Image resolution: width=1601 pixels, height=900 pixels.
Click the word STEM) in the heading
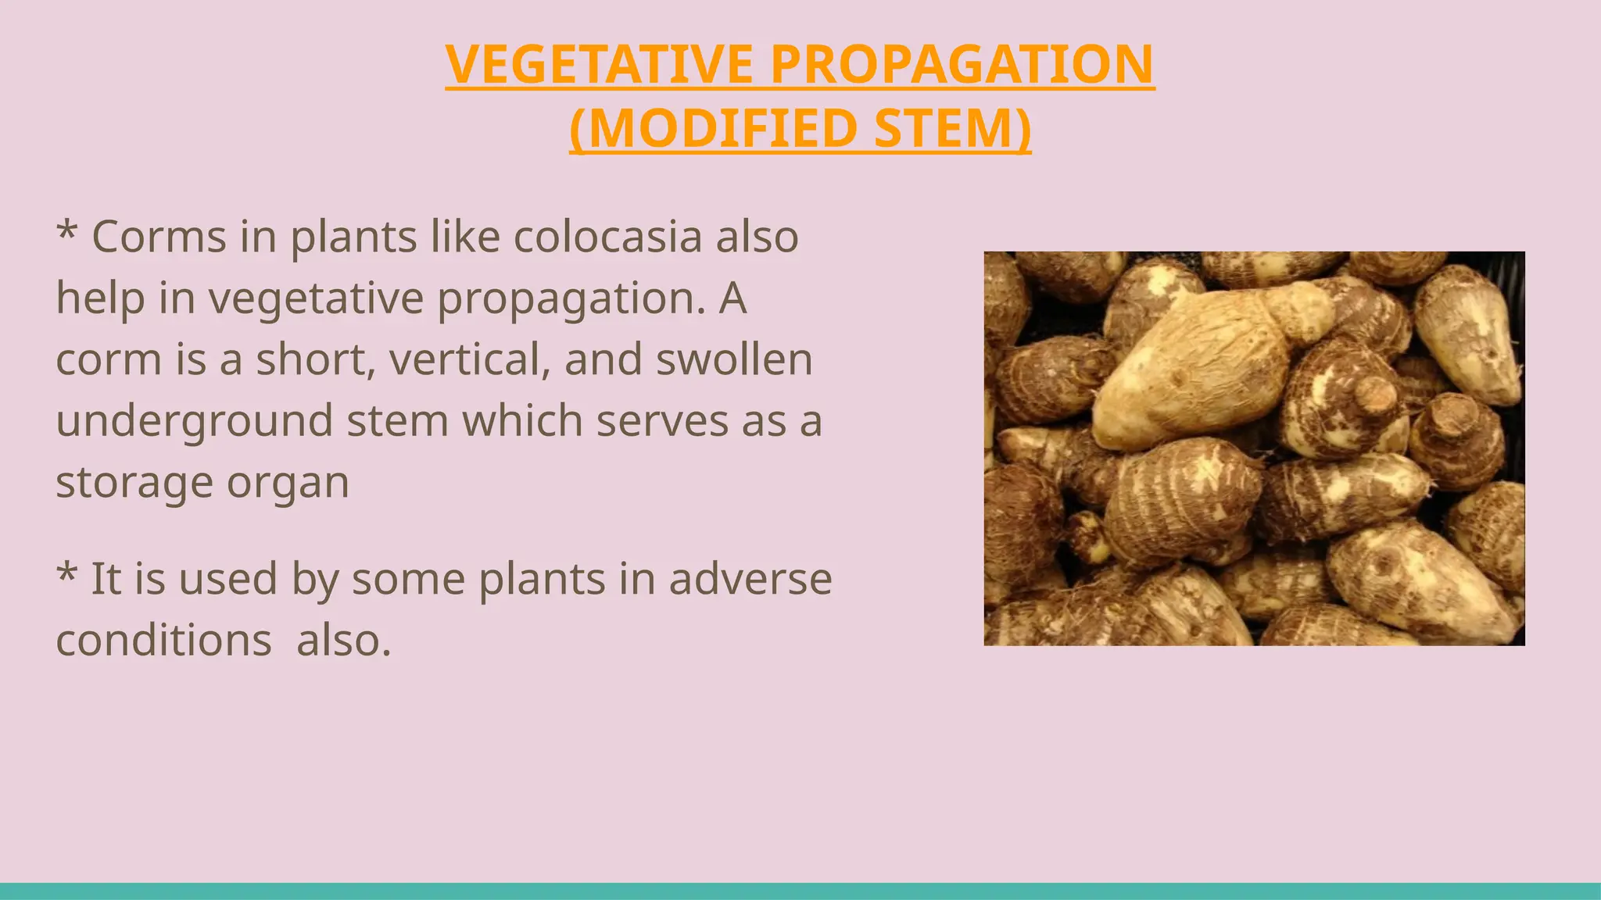coord(953,129)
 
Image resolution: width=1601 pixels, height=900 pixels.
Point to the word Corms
coord(159,237)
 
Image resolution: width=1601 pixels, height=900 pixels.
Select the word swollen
coord(734,359)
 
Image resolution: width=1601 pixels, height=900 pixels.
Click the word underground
coord(194,421)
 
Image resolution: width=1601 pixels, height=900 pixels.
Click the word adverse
coord(750,580)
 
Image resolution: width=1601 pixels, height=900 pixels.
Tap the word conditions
coord(163,641)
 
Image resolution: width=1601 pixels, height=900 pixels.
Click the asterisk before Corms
coord(67,232)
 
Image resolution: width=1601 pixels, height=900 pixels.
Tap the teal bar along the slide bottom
coord(800,891)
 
